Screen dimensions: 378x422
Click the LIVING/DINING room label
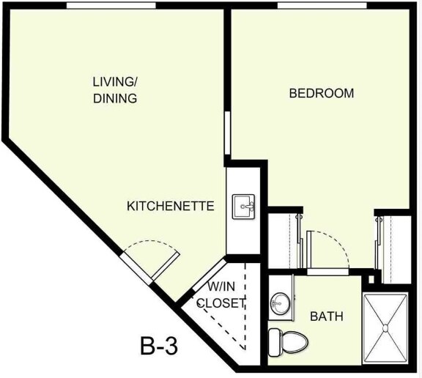(115, 89)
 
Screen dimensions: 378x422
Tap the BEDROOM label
(322, 94)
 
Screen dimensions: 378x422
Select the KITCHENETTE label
(171, 206)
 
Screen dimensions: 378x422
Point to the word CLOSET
(221, 303)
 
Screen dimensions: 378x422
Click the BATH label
(327, 317)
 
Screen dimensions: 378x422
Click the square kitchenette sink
(244, 207)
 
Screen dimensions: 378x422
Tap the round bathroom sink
(279, 303)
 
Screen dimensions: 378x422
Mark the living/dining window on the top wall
(111, 6)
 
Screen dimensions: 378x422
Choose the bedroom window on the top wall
(322, 6)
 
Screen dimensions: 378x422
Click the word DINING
(115, 98)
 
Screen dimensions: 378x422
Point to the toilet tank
(273, 340)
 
